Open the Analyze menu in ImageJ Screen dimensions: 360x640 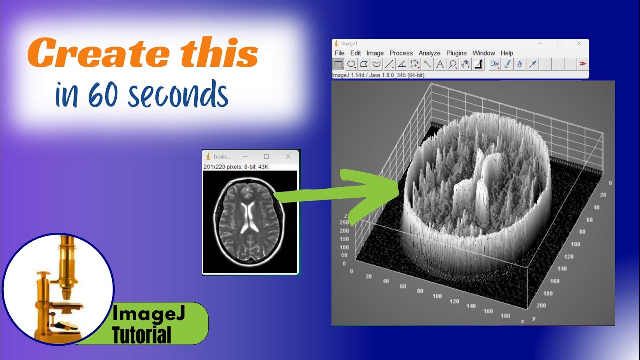pos(429,53)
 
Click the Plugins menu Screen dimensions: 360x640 pos(456,53)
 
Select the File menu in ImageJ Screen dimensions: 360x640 pos(339,53)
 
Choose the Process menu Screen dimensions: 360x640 pos(401,53)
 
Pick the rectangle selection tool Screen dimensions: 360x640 pos(338,64)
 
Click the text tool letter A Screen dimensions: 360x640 pos(440,64)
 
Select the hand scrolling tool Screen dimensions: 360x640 pos(466,64)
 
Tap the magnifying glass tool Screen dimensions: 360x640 pos(453,64)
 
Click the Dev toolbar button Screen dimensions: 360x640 pos(495,64)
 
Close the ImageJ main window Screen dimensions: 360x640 pos(579,44)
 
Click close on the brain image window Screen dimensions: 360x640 pos(288,157)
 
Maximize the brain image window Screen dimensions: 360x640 pos(266,157)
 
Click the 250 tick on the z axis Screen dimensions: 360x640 pos(343,231)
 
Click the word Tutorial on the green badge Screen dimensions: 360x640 pos(142,334)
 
